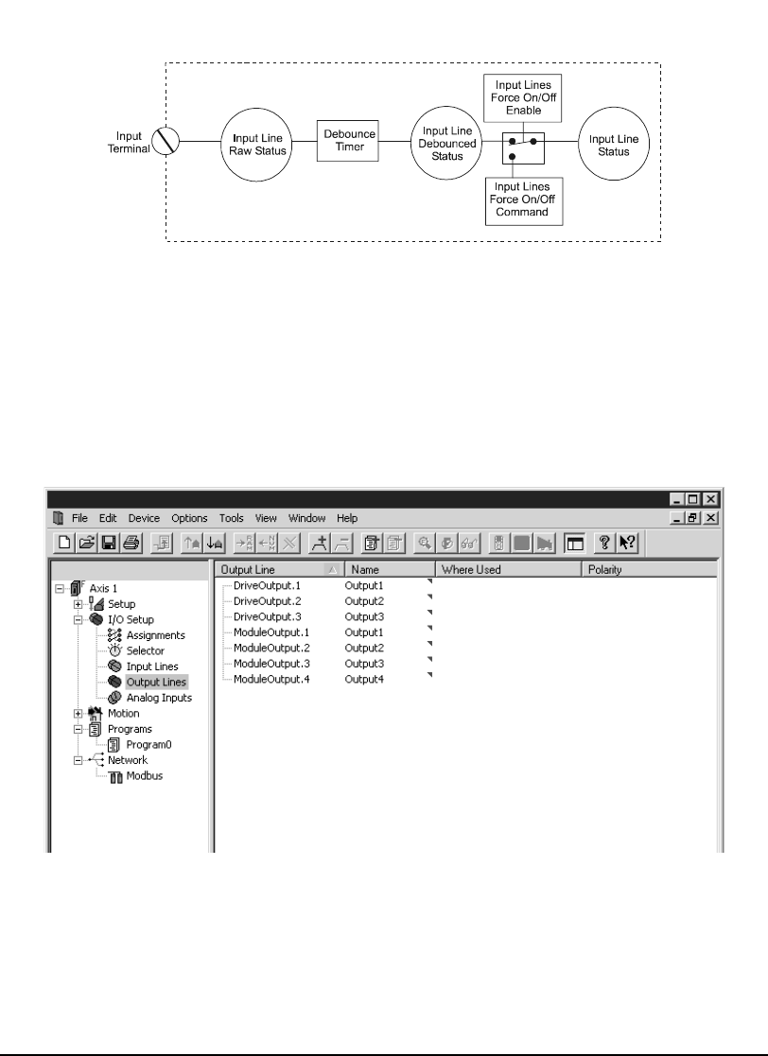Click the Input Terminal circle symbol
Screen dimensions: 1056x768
point(166,142)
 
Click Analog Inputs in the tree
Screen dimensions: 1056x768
point(159,698)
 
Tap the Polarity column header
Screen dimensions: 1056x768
point(605,570)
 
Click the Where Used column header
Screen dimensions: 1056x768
point(471,570)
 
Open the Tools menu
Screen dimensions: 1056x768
point(232,518)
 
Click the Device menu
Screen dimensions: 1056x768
point(145,518)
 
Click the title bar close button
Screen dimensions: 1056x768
point(711,498)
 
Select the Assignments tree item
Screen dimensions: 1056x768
point(155,635)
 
